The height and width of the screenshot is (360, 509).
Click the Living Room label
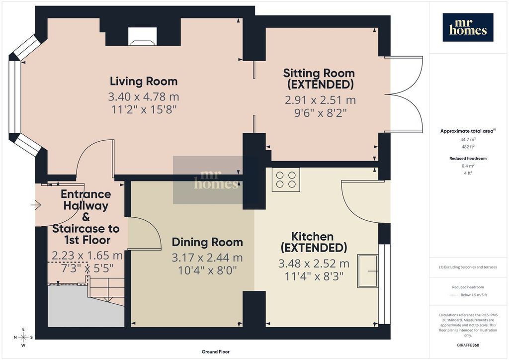click(144, 81)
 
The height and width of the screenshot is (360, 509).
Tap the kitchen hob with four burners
click(286, 180)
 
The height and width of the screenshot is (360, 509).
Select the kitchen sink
click(368, 271)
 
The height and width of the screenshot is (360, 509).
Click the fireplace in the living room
click(143, 36)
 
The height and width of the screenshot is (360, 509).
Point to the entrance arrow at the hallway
click(36, 205)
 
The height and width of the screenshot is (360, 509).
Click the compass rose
click(23, 337)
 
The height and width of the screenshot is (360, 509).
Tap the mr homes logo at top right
click(468, 27)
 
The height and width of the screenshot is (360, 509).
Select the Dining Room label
click(207, 242)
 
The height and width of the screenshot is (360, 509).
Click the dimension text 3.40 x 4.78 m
click(144, 97)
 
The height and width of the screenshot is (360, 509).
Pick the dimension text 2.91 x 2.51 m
click(321, 100)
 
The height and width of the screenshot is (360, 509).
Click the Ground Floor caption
click(216, 352)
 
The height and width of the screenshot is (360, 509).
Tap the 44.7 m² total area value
click(468, 140)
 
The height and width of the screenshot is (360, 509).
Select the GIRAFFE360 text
click(468, 345)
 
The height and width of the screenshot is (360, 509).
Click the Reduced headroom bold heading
click(468, 159)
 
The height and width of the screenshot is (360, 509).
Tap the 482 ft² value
click(468, 147)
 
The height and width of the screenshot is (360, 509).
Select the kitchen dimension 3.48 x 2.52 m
click(314, 264)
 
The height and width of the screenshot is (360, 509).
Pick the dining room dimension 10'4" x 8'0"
click(207, 270)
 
